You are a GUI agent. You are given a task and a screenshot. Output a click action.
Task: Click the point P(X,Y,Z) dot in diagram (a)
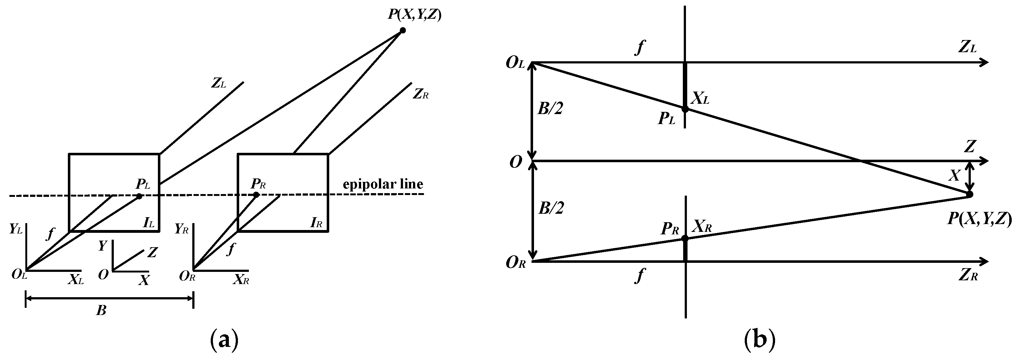point(402,30)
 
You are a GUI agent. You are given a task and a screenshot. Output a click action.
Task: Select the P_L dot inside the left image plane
point(139,196)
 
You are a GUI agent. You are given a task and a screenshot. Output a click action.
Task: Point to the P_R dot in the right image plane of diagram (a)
point(256,194)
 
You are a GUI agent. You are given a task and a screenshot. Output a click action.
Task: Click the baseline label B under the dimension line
point(101,311)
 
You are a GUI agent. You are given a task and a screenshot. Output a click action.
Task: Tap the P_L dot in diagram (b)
point(685,109)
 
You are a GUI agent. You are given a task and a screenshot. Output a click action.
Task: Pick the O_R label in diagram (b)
point(516,263)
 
